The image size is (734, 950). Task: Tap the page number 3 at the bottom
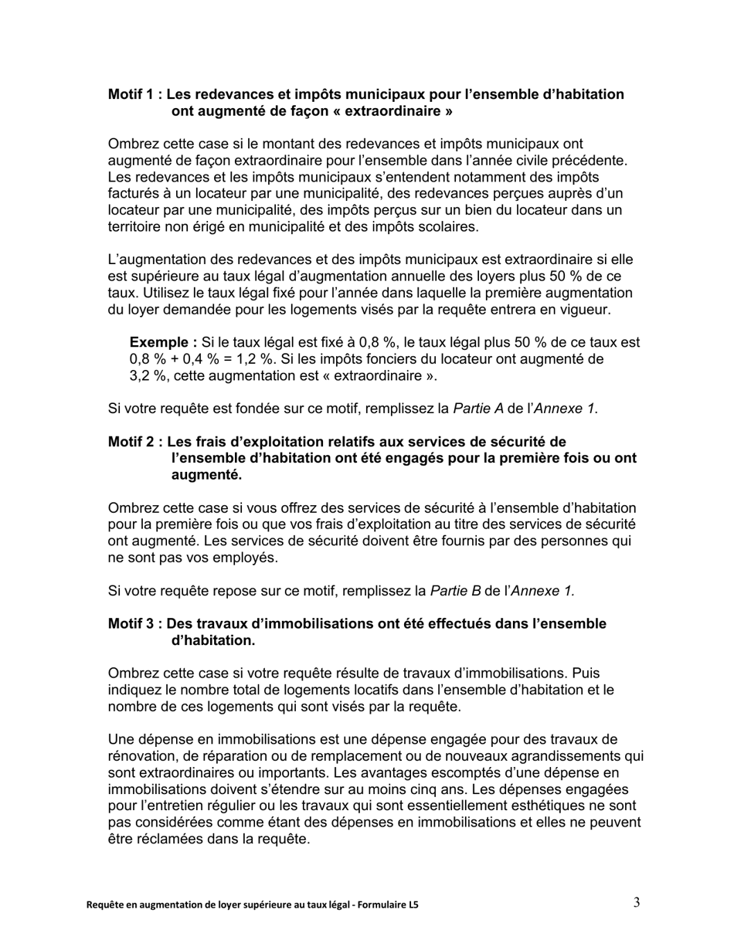pos(636,903)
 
